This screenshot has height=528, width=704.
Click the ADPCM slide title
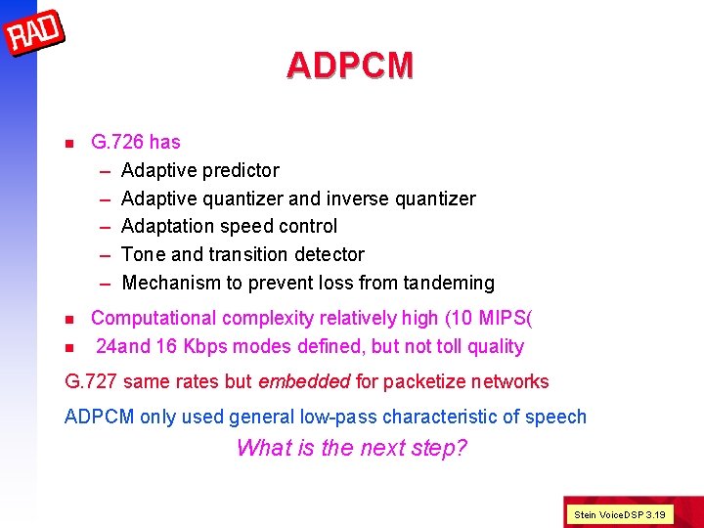coord(350,66)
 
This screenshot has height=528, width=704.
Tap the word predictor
coord(241,170)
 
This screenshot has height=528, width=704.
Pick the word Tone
coord(143,254)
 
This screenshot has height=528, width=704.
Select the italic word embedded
coord(302,381)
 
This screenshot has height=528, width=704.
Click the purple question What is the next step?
coord(352,448)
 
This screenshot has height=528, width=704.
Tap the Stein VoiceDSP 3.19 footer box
coord(620,513)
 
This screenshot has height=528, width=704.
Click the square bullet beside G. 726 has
coord(68,143)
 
